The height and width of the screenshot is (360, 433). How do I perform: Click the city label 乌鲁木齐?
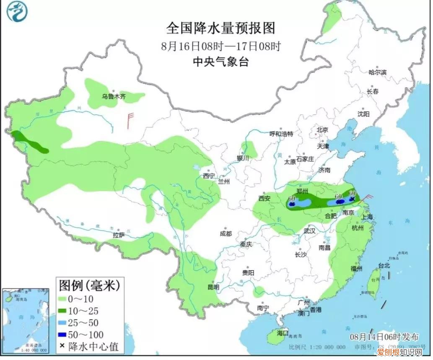pyautogui.click(x=114, y=96)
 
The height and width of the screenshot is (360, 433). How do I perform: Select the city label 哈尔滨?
pyautogui.click(x=377, y=73)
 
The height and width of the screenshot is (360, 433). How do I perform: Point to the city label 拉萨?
pyautogui.click(x=119, y=235)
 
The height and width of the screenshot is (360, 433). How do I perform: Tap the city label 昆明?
pyautogui.click(x=213, y=287)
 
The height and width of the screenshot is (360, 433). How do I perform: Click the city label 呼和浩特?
pyautogui.click(x=281, y=134)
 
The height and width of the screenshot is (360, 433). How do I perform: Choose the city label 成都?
pyautogui.click(x=226, y=233)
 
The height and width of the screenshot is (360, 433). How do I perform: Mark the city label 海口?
pyautogui.click(x=283, y=333)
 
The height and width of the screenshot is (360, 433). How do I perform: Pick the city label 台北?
pyautogui.click(x=384, y=265)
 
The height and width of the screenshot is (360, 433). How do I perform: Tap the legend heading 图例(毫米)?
pyautogui.click(x=89, y=286)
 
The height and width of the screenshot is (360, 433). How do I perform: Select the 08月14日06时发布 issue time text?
pyautogui.click(x=384, y=337)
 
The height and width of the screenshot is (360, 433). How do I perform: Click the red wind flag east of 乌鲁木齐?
pyautogui.click(x=130, y=119)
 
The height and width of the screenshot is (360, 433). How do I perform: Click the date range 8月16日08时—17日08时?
pyautogui.click(x=220, y=46)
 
